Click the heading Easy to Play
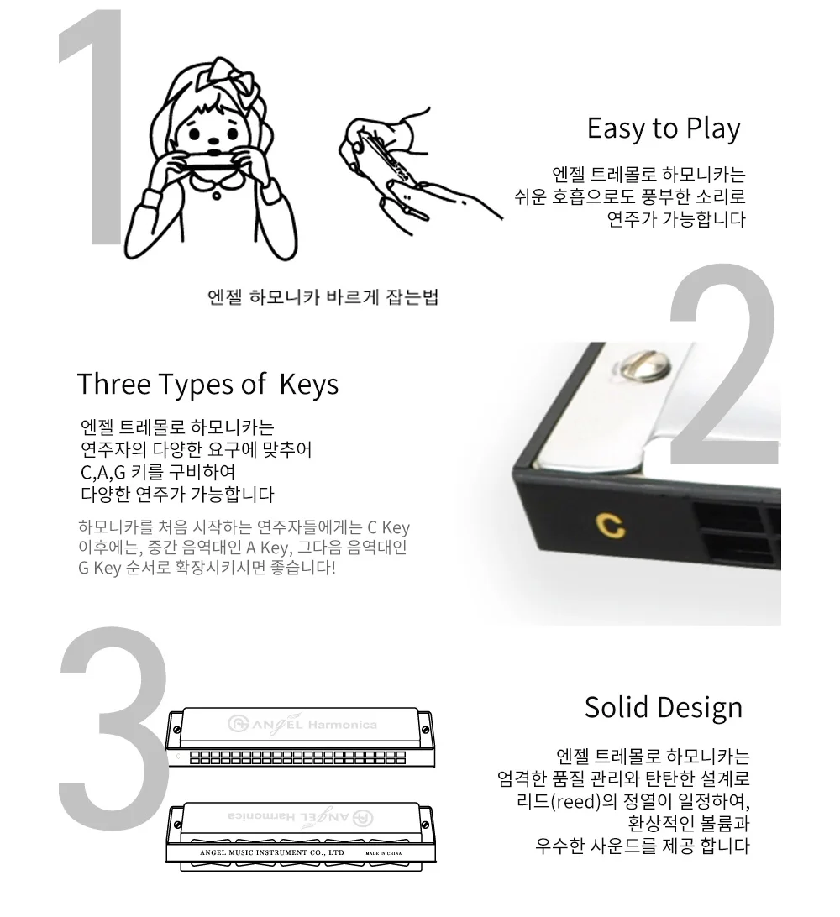[664, 128]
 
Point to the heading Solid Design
[664, 708]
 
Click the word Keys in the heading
[309, 385]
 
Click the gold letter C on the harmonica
[610, 525]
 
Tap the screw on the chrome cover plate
[643, 365]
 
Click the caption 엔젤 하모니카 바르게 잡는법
[323, 297]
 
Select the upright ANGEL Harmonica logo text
[302, 724]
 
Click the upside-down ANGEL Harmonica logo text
[301, 817]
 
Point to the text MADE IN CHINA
[384, 853]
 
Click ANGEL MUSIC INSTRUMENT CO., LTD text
[272, 852]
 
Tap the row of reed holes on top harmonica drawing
[297, 758]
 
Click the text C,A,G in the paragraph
[103, 472]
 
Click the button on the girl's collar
[217, 196]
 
